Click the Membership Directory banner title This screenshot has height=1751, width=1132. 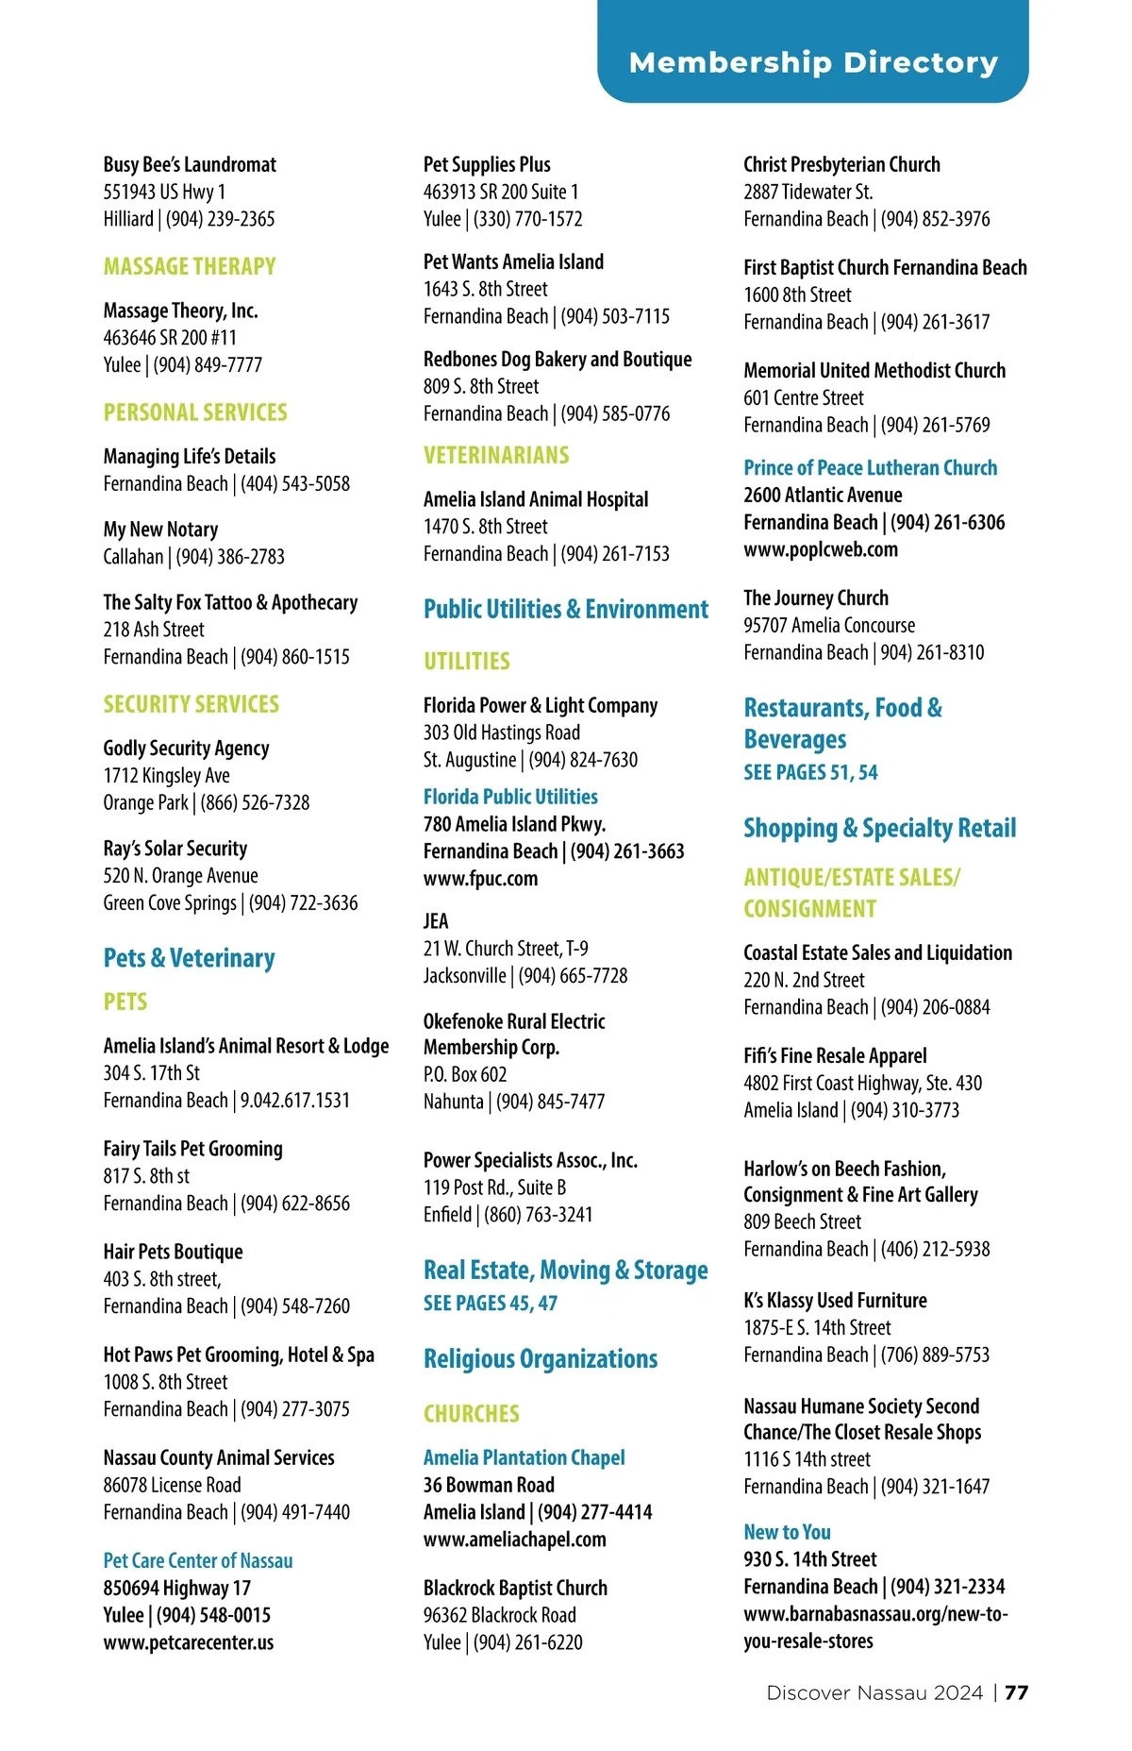(x=813, y=62)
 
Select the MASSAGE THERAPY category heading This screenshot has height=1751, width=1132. (x=190, y=266)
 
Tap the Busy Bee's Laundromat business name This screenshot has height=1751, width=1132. (x=190, y=164)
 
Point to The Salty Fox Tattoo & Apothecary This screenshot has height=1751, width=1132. (x=230, y=602)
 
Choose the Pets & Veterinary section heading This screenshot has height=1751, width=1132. (x=189, y=958)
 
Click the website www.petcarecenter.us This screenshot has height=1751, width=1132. (x=189, y=1642)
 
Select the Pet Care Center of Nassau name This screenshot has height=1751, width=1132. (x=198, y=1560)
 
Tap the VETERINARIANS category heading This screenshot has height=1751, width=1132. (x=496, y=455)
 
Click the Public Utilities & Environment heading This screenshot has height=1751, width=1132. (x=565, y=609)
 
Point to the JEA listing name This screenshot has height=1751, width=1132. (x=436, y=920)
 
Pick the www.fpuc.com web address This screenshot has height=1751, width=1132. (x=480, y=878)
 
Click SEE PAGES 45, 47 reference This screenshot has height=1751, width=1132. (x=491, y=1303)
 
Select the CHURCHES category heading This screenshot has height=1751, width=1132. (x=471, y=1413)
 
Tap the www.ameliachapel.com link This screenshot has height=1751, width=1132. (x=514, y=1539)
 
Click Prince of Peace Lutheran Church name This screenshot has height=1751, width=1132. (x=870, y=467)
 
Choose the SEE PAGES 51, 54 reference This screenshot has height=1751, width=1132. (x=810, y=772)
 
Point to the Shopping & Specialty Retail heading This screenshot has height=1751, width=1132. (x=879, y=828)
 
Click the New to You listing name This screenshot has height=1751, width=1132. (x=787, y=1531)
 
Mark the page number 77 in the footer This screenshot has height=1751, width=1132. (x=1016, y=1692)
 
